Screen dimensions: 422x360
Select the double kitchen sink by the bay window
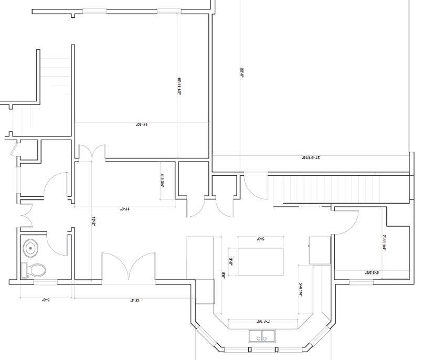point(261,336)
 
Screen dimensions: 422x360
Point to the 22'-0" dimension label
point(242,72)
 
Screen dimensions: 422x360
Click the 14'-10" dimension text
point(141,125)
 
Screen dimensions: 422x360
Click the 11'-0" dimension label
point(125,208)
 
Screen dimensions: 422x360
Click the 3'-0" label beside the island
point(230,261)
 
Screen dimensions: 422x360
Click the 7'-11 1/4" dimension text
point(384,243)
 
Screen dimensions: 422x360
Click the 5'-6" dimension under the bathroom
point(46,301)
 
